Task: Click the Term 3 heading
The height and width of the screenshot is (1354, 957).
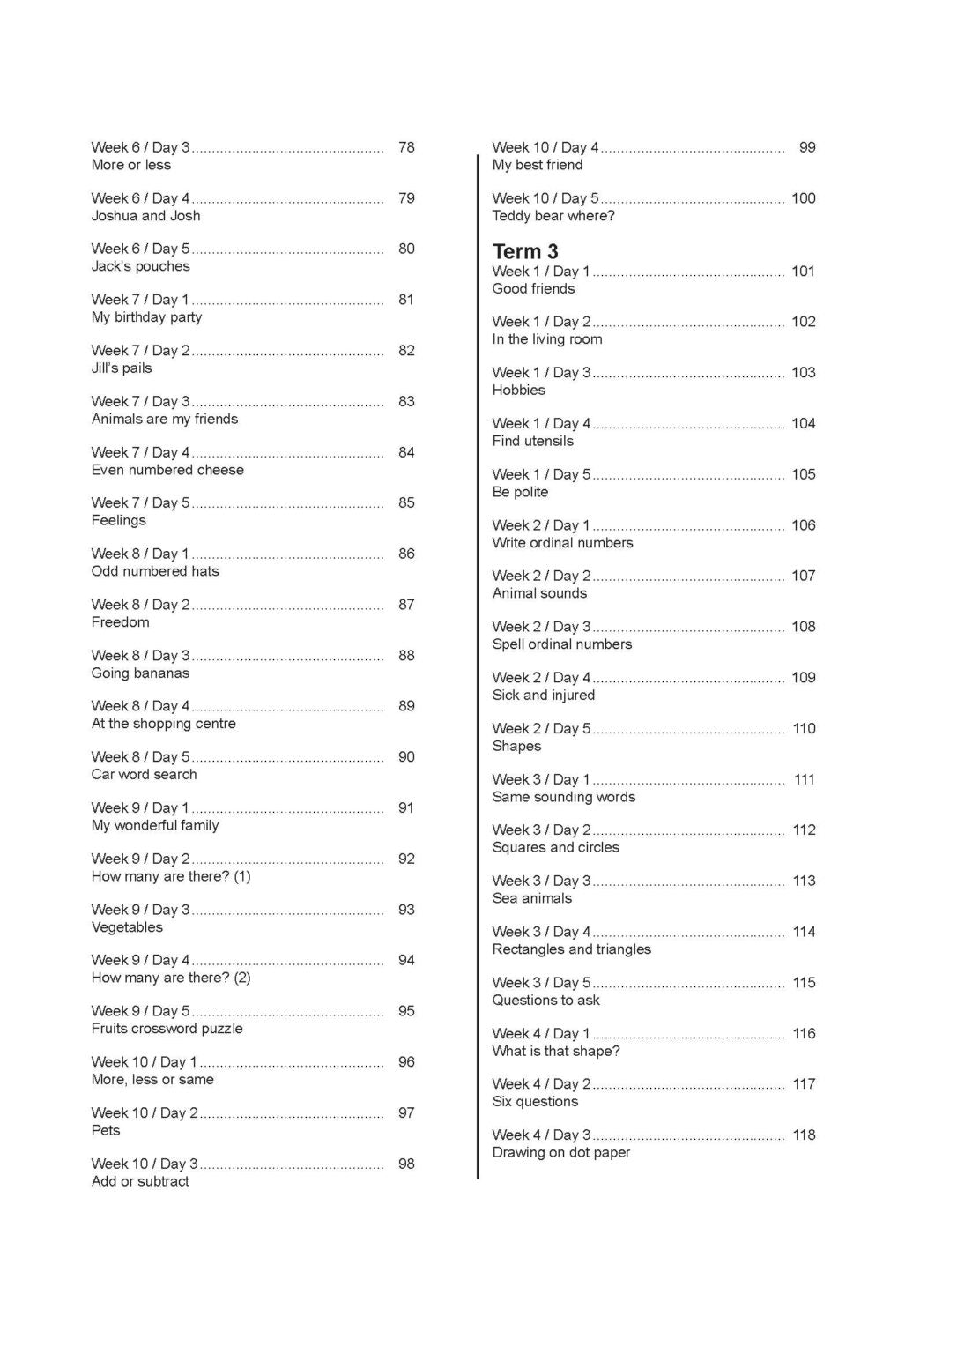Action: click(525, 251)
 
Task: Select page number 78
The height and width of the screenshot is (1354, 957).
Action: click(406, 147)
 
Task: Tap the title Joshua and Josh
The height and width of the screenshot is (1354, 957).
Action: click(145, 216)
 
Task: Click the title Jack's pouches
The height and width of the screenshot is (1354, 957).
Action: click(140, 266)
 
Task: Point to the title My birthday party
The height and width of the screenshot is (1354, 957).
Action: click(146, 317)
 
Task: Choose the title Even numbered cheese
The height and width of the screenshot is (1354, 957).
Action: click(167, 470)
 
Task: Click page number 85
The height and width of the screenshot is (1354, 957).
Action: click(406, 502)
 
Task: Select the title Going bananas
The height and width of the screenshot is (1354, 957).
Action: click(140, 673)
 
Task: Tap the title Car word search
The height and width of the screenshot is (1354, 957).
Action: click(144, 775)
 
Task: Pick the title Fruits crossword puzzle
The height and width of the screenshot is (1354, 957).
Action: click(167, 1029)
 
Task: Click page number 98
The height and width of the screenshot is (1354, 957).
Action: click(406, 1164)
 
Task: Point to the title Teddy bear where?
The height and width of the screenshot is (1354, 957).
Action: click(553, 216)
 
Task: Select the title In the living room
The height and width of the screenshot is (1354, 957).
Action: click(547, 339)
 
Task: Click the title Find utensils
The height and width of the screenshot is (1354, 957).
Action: click(532, 441)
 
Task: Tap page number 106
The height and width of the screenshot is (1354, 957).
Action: click(803, 525)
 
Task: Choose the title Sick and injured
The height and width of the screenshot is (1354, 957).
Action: click(543, 696)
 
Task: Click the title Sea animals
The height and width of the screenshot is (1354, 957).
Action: click(531, 898)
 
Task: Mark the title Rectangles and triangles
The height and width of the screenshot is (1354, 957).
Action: click(571, 949)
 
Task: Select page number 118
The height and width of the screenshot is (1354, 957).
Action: click(804, 1135)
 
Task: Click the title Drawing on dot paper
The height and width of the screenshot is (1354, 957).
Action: click(560, 1153)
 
